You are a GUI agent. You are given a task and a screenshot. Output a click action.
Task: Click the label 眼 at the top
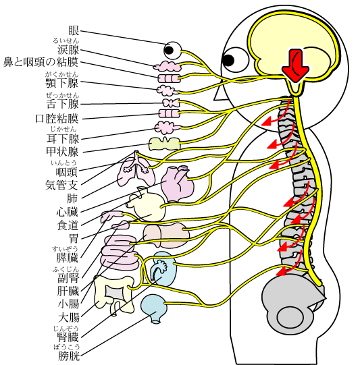[74, 31]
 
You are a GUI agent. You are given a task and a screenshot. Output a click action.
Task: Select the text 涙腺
[68, 49]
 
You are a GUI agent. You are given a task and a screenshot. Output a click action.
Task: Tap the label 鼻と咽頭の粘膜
[41, 62]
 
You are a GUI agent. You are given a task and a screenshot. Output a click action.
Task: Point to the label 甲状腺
[62, 152]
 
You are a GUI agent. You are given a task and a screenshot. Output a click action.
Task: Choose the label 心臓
[67, 212]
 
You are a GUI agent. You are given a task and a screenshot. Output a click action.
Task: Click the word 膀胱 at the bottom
[69, 356]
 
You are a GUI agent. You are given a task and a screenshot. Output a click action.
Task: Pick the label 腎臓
[68, 337]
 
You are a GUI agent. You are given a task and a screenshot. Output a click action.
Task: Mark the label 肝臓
[68, 291]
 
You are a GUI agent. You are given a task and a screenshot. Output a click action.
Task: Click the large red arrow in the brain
[295, 65]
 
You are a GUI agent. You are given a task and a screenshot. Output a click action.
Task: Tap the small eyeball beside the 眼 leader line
[172, 51]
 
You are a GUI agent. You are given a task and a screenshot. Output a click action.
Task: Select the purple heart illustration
[178, 184]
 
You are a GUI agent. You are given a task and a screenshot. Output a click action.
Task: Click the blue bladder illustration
[154, 308]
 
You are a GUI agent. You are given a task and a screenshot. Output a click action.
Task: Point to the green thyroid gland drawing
[165, 144]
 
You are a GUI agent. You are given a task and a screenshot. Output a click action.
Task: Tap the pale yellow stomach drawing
[147, 205]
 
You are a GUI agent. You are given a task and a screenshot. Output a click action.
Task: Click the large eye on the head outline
[235, 60]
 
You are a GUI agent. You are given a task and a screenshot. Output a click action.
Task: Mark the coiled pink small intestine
[120, 252]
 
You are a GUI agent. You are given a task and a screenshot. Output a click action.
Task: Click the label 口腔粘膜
[57, 119]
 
